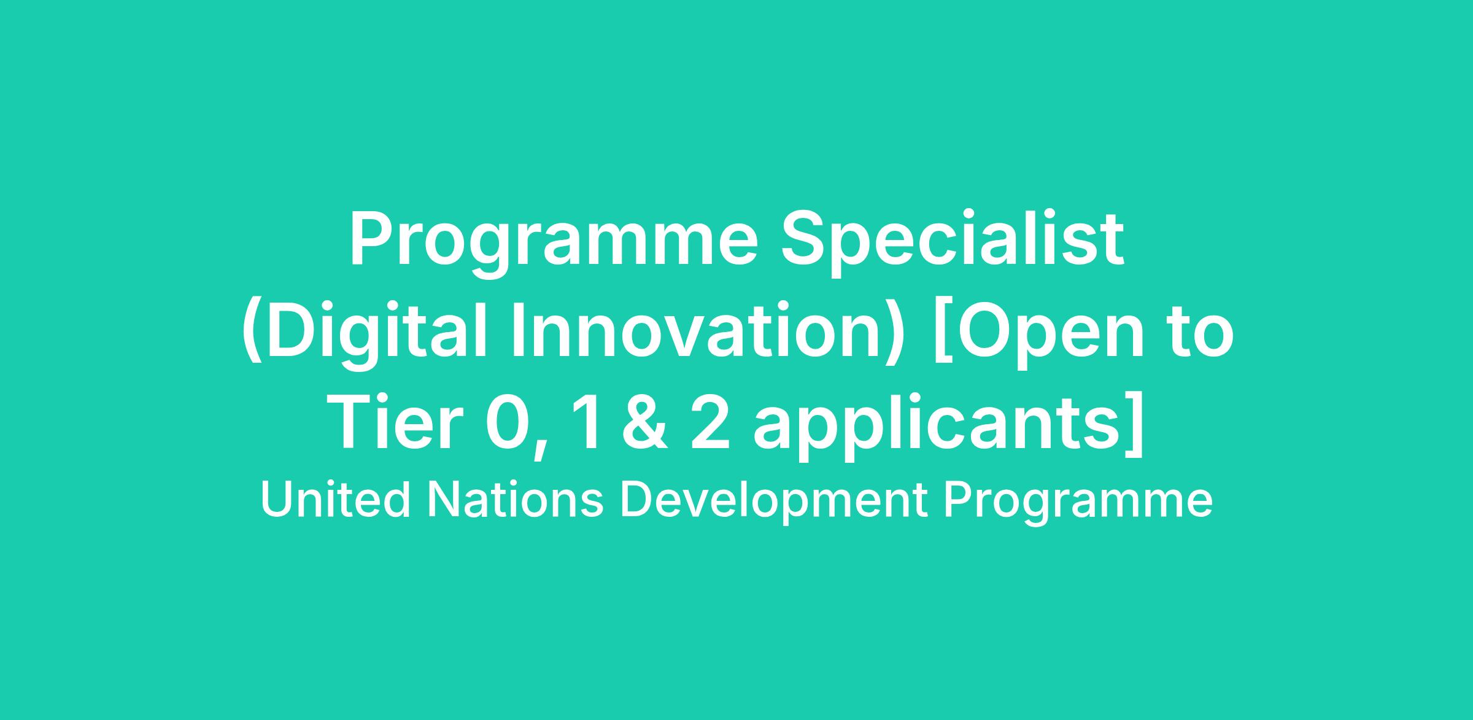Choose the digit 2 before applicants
(711, 423)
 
